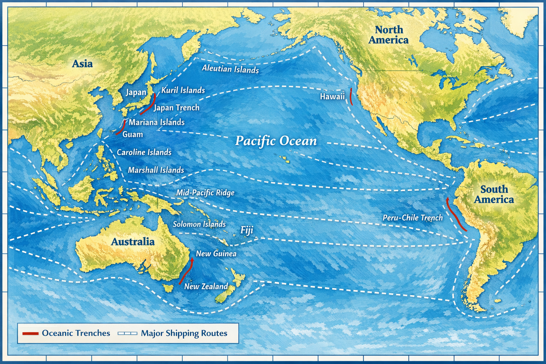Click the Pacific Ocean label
click(276, 141)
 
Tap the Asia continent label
click(82, 64)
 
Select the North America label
click(389, 35)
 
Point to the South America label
click(494, 194)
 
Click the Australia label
click(133, 242)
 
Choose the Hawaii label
click(332, 96)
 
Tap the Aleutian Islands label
click(230, 69)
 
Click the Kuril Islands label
click(183, 90)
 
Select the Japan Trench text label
click(177, 108)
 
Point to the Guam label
click(133, 134)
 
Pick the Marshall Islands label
click(156, 170)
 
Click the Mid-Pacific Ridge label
click(205, 193)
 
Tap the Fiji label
click(247, 230)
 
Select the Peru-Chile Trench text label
click(412, 218)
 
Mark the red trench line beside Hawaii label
click(350, 96)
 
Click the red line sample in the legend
click(30, 333)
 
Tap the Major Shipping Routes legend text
click(184, 333)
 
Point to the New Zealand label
click(206, 286)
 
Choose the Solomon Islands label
click(199, 224)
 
